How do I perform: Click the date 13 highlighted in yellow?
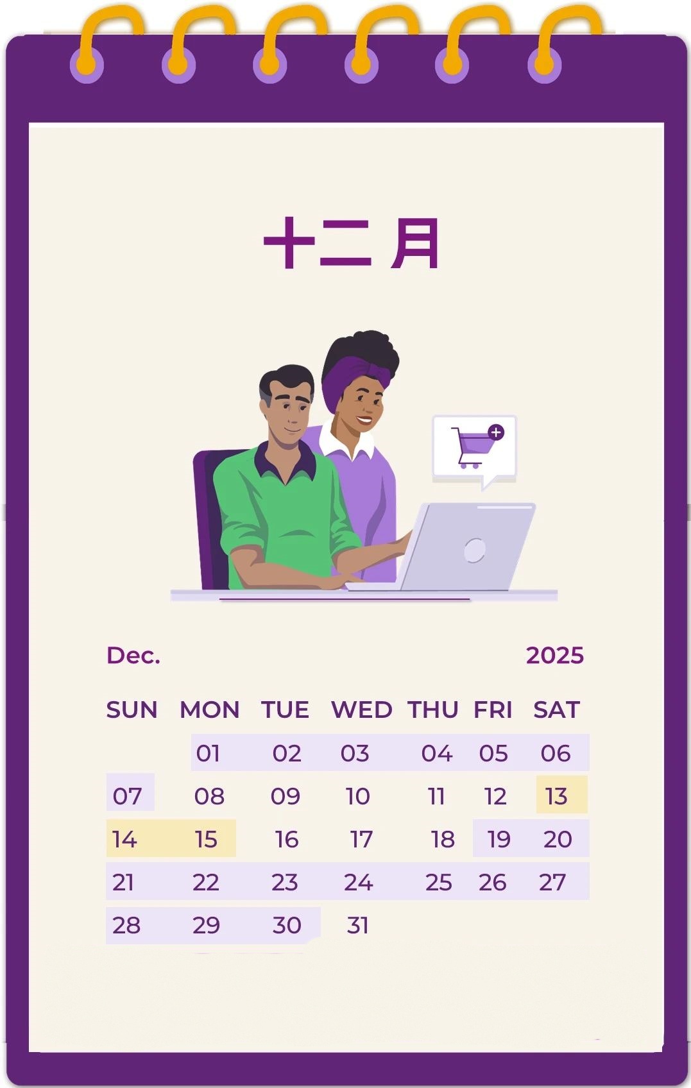556,796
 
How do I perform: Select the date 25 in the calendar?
439,882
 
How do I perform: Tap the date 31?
357,925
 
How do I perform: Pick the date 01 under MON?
208,752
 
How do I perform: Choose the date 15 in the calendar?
206,839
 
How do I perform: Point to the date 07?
127,796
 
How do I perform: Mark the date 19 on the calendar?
499,839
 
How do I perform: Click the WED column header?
361,710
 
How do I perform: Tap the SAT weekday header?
556,710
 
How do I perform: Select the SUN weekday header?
132,710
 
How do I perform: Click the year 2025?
554,655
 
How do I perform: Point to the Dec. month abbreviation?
133,655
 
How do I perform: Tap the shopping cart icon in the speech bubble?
472,446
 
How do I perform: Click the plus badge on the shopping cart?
496,432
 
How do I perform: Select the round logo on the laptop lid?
474,550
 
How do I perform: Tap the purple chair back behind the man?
210,513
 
